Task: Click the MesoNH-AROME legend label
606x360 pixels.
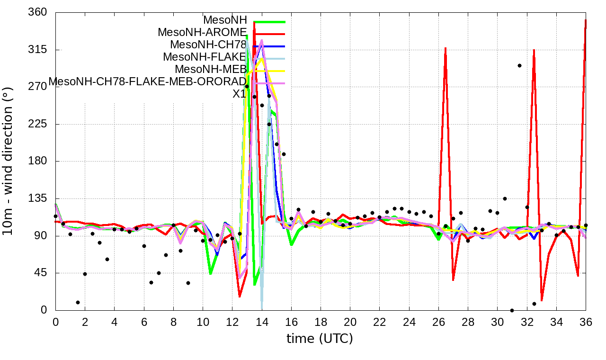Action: (202, 32)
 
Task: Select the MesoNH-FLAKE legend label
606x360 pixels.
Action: (205, 57)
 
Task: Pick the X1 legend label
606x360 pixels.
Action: (239, 94)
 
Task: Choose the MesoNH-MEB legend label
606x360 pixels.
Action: (211, 69)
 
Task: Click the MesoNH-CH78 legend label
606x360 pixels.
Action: (208, 45)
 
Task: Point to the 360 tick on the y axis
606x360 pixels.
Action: (38, 12)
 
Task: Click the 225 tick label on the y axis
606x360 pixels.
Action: (38, 124)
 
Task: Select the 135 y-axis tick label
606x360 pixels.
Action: (38, 198)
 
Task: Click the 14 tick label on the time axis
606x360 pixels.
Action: (261, 322)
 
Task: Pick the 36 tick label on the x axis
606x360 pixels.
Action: (586, 322)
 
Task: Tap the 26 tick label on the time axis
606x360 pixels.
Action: (438, 322)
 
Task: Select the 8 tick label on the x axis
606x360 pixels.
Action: (173, 322)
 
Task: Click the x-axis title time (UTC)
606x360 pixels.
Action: (320, 339)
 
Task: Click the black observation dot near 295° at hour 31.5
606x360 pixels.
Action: (519, 65)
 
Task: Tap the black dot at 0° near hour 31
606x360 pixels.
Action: (512, 310)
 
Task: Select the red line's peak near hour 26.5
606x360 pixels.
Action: (446, 48)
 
